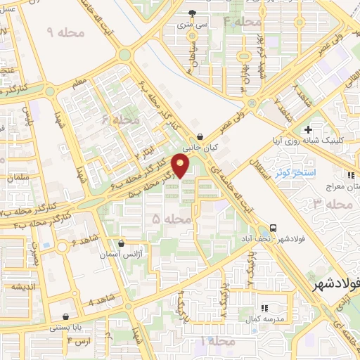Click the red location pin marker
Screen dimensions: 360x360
click(x=181, y=166)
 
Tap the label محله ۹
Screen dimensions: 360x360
click(x=65, y=32)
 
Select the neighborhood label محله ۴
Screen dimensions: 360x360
click(x=242, y=22)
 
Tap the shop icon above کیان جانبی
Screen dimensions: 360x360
click(x=202, y=136)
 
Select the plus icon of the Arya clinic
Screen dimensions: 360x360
click(x=308, y=129)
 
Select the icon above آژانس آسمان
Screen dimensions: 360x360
click(x=121, y=244)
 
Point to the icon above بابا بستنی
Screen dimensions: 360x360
click(x=66, y=317)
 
